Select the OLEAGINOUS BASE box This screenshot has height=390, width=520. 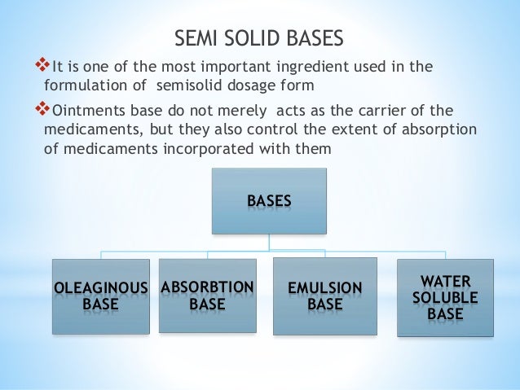point(101,296)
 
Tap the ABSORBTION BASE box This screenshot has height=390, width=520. point(208,295)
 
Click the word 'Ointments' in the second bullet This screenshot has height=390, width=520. point(87,111)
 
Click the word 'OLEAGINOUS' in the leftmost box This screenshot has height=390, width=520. point(101,288)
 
